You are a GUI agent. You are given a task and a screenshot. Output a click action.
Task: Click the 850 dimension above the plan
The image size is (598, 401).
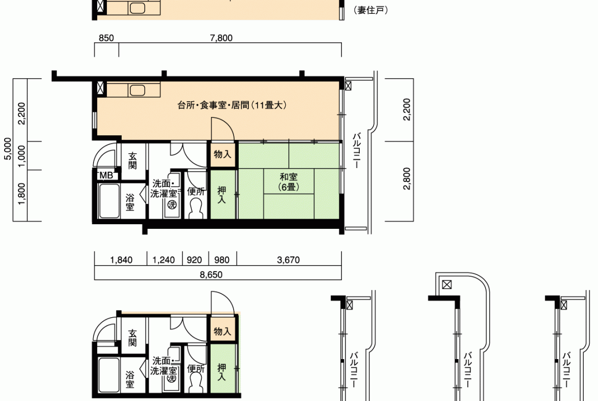(106, 38)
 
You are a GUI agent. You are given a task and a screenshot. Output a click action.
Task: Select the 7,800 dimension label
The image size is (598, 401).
(221, 38)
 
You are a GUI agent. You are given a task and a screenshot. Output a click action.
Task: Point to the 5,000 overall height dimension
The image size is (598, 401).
(8, 149)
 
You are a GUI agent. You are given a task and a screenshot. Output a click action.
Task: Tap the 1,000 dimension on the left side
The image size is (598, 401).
(22, 156)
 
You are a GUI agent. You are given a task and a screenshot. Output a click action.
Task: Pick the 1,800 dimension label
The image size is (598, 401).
(22, 194)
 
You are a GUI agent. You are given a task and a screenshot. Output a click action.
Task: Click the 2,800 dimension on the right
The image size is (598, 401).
(407, 178)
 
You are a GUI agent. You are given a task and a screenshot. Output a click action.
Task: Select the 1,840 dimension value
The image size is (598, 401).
(121, 260)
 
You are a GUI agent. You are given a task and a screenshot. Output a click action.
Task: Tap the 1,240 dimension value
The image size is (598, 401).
(164, 260)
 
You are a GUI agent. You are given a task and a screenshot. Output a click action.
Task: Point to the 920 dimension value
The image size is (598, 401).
(195, 260)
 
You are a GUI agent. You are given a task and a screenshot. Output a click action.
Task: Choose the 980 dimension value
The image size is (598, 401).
(222, 260)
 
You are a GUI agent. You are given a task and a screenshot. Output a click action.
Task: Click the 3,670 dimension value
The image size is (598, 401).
(288, 260)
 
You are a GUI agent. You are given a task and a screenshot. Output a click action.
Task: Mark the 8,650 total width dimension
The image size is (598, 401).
(211, 274)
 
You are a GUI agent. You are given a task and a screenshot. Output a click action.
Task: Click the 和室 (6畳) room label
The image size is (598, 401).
(289, 182)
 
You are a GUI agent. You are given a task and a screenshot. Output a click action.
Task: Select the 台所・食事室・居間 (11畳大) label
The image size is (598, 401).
(232, 105)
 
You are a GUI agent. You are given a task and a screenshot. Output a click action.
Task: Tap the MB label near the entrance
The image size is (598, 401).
(106, 175)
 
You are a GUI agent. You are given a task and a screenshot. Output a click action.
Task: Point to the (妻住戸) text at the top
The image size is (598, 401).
(371, 10)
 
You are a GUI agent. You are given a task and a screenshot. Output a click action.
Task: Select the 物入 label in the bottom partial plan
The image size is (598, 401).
(222, 331)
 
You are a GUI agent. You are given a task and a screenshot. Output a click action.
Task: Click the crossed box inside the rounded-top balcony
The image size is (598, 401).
(447, 285)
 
